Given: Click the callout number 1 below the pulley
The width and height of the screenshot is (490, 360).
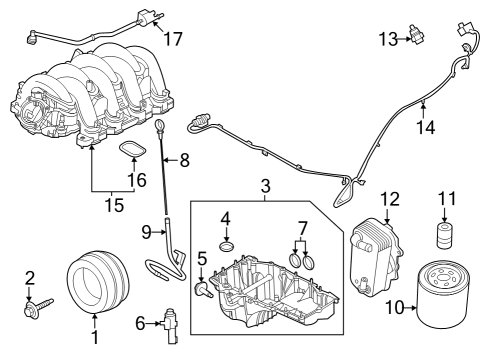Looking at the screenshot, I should (95, 321).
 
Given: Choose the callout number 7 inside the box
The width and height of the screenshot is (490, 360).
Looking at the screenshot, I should (183, 159).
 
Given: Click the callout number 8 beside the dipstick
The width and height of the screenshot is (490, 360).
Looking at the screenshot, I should (147, 232).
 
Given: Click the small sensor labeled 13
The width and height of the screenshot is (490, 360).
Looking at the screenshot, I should (427, 128).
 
